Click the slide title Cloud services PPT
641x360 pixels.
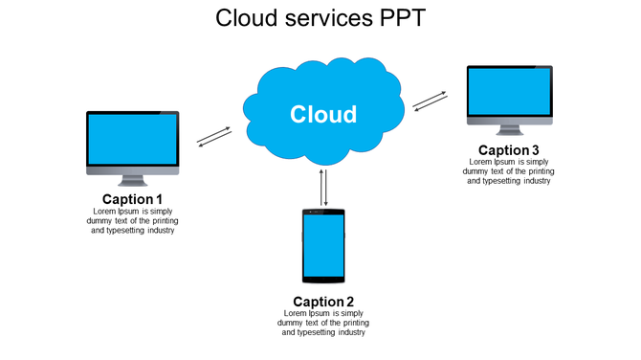320,18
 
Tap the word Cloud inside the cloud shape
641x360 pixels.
323,115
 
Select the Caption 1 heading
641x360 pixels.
132,199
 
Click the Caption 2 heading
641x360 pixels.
323,302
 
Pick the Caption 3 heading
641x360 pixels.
509,150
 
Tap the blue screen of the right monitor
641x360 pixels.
509,92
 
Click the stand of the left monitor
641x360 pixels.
132,180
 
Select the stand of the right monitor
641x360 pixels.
509,130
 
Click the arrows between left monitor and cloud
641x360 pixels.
214,137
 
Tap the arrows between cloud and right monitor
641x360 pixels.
431,101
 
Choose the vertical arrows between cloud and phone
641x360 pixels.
324,188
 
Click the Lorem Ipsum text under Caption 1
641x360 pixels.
132,220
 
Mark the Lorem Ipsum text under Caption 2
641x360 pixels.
323,323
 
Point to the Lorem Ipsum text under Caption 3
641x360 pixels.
509,171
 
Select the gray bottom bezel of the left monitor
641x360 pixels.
132,169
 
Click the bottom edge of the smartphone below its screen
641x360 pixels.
323,279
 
